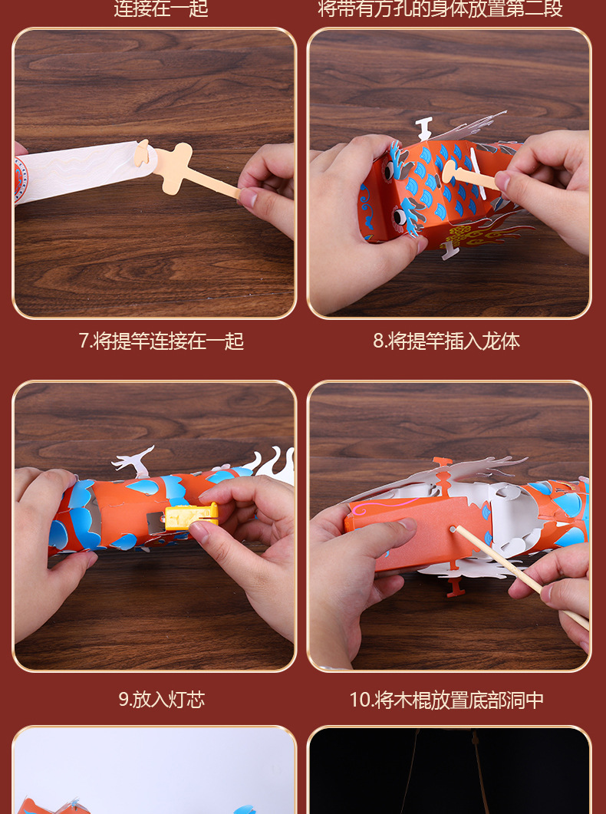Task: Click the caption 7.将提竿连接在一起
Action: pyautogui.click(x=161, y=341)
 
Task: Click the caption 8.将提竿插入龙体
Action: pyautogui.click(x=446, y=341)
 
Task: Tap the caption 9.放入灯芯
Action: pyautogui.click(x=161, y=699)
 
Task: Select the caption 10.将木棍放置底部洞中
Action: pyautogui.click(x=446, y=700)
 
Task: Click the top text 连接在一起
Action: pyautogui.click(x=161, y=9)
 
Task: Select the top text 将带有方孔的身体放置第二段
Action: pyautogui.click(x=440, y=9)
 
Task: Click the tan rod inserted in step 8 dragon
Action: pyautogui.click(x=472, y=175)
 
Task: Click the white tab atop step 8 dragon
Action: pyautogui.click(x=423, y=127)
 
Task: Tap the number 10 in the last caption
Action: pyautogui.click(x=359, y=700)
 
